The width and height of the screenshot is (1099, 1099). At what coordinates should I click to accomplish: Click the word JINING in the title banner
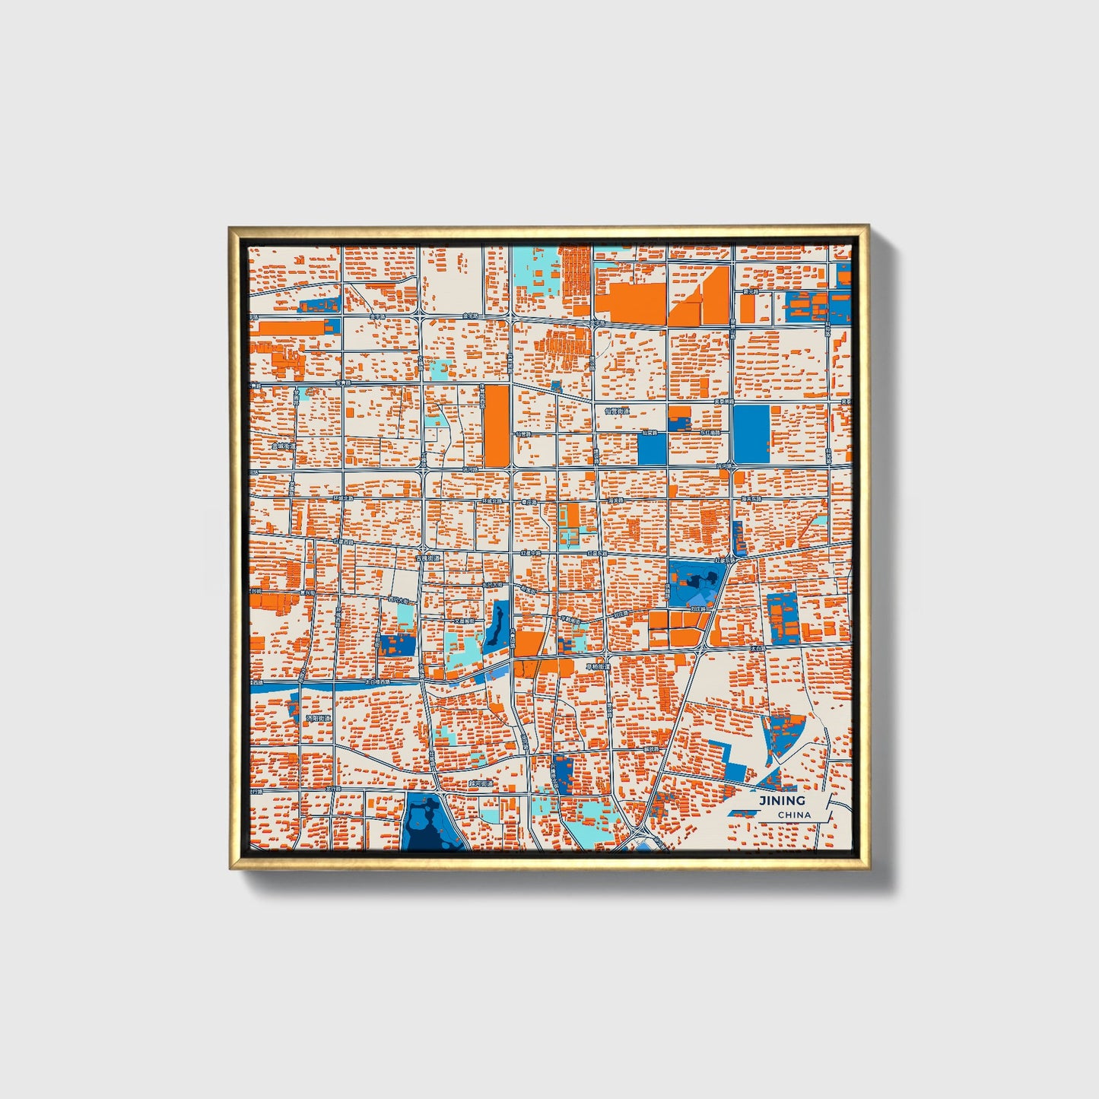click(x=781, y=800)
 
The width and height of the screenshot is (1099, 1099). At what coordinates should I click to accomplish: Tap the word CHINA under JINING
click(x=794, y=815)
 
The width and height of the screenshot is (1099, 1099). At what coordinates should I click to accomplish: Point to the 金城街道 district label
click(x=282, y=446)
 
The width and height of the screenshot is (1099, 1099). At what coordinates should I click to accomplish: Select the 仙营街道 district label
click(x=618, y=411)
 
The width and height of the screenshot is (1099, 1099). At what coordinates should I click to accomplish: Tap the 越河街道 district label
click(x=480, y=783)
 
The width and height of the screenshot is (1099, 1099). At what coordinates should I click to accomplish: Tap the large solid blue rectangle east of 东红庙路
click(x=751, y=434)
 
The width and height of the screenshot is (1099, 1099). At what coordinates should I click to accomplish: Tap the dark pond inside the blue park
click(x=694, y=582)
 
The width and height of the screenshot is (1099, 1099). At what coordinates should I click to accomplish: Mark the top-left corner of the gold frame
click(x=230, y=227)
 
